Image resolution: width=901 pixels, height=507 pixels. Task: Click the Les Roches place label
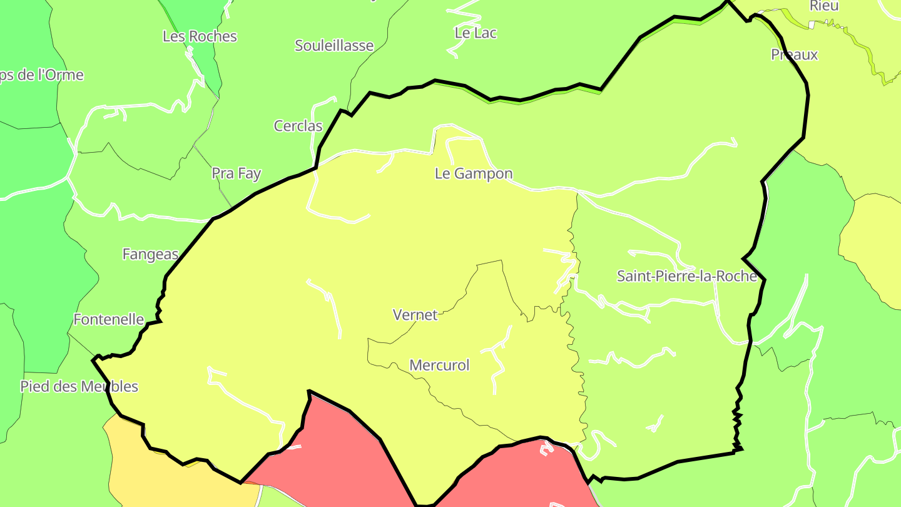coord(200,36)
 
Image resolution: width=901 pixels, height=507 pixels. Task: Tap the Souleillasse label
coord(334,46)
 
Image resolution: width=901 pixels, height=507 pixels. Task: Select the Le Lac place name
coord(476,33)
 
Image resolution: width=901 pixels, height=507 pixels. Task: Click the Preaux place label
coord(794,55)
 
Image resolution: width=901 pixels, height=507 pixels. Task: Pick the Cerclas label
coord(298,126)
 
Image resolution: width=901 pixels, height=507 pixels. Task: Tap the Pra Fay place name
coord(236,173)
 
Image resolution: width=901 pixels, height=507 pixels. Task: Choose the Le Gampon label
coord(474,174)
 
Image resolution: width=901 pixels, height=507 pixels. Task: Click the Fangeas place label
coord(150,255)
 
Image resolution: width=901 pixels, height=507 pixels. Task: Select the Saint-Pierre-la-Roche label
coord(686,276)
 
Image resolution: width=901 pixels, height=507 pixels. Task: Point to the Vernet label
coord(415,315)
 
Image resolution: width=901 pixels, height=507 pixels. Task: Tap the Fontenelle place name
coord(109,319)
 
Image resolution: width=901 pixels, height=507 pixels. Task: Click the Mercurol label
coord(439,366)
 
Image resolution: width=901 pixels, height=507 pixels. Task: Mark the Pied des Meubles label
coord(79,386)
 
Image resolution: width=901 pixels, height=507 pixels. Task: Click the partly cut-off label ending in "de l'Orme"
coord(41,75)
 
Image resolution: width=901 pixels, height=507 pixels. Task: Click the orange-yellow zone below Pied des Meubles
coord(181,482)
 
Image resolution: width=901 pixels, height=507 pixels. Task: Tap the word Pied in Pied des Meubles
coord(34,386)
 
